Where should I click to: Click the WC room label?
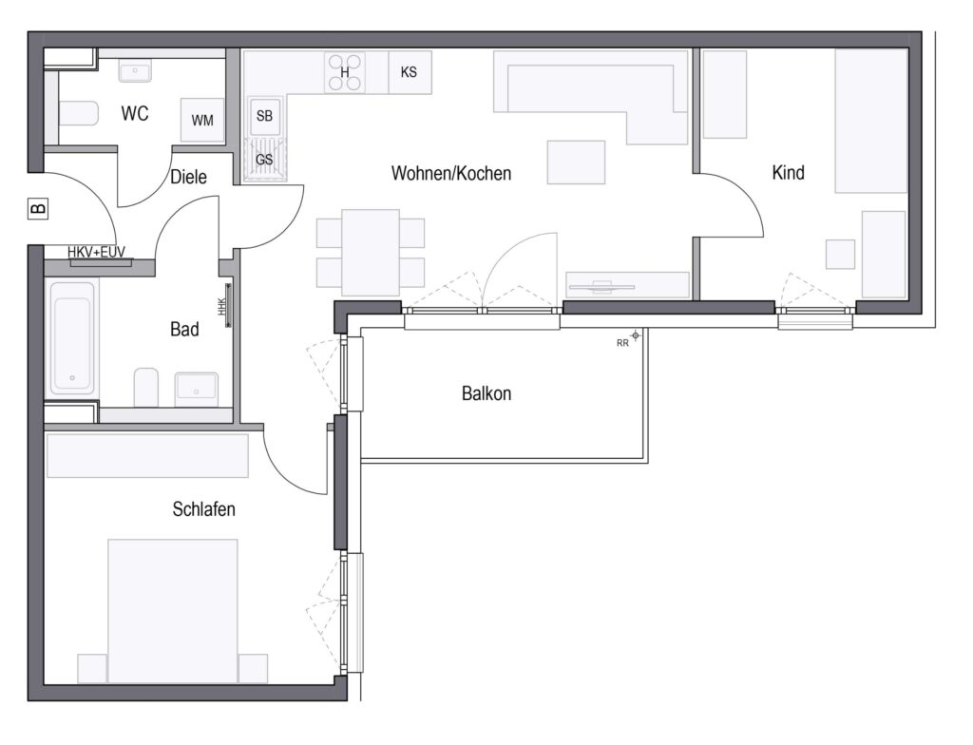tap(135, 114)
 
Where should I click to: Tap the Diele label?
tap(188, 177)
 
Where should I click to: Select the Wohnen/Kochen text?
tap(451, 173)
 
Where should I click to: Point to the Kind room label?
tap(788, 173)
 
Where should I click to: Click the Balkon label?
tap(486, 393)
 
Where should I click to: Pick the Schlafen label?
tap(203, 509)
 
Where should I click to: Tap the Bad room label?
tap(184, 329)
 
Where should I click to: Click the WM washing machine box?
tap(202, 120)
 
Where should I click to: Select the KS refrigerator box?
tap(410, 72)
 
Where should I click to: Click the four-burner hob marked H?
tap(345, 72)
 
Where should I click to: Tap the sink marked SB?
tap(264, 116)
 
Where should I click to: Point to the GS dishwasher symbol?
tap(264, 160)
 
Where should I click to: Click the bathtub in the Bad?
tap(72, 338)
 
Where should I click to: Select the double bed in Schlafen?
tap(173, 611)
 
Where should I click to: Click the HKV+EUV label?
tap(96, 252)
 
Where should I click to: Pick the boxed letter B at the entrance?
tap(38, 209)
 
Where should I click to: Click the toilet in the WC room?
tap(78, 113)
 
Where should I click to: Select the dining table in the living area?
tap(371, 252)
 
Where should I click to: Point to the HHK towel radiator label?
tap(221, 306)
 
